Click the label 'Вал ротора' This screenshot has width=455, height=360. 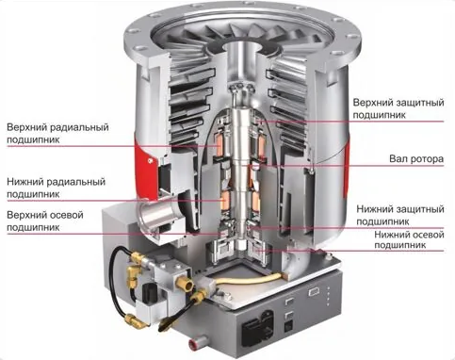[x=416, y=158]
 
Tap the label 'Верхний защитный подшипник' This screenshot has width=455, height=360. [x=398, y=108]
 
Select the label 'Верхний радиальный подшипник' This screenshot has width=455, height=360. [x=57, y=134]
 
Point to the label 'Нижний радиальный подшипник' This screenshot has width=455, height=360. [x=56, y=188]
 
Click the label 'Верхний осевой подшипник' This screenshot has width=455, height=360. [x=45, y=221]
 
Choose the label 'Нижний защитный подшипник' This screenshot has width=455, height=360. [x=400, y=215]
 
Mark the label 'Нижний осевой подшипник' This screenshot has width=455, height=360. [x=409, y=239]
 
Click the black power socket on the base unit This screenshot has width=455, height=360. [x=257, y=325]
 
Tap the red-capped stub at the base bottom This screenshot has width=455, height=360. [x=193, y=344]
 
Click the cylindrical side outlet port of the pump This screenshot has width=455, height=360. [x=154, y=215]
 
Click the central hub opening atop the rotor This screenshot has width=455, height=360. [x=246, y=47]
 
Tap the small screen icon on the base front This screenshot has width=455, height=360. [x=314, y=292]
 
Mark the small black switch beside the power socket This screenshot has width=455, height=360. [x=288, y=325]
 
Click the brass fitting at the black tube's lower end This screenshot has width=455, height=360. [x=132, y=320]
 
